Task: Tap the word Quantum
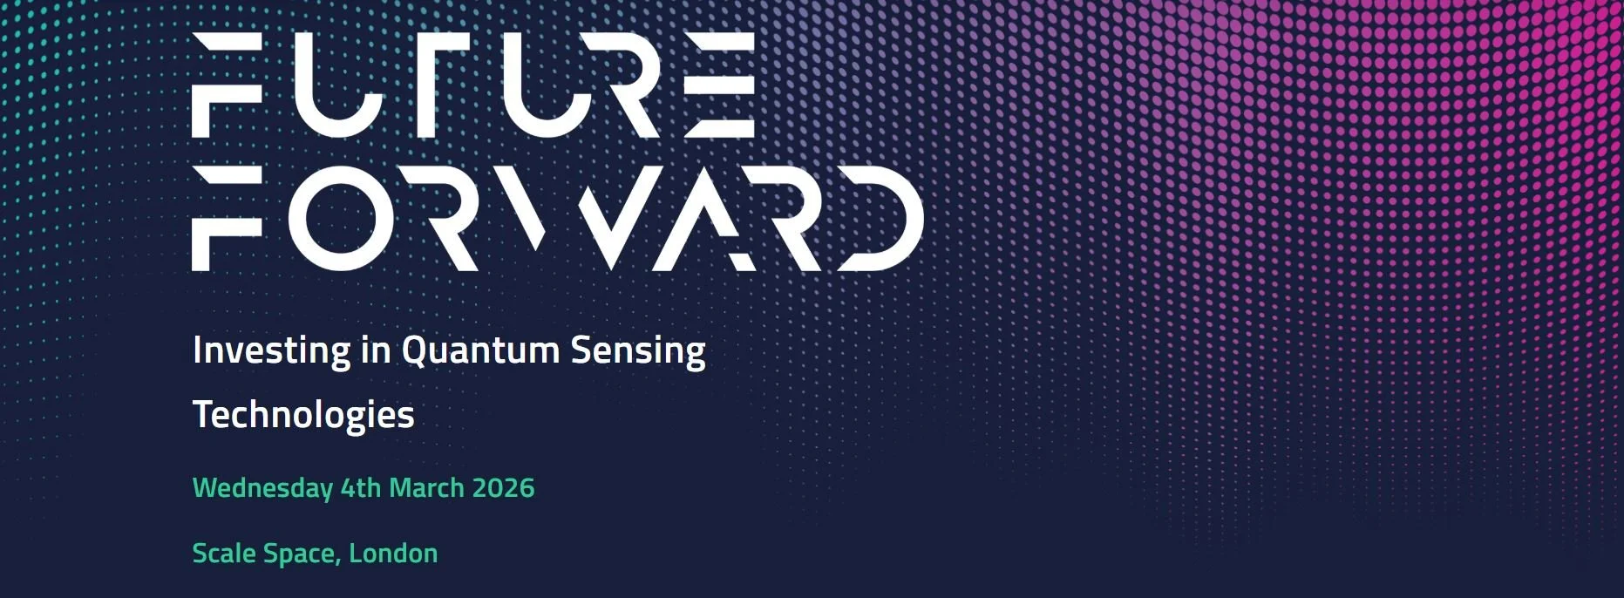pos(479,350)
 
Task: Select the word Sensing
pos(637,350)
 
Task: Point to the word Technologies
pos(303,415)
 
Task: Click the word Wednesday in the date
pos(262,487)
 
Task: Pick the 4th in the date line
pos(360,487)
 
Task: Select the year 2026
pos(503,487)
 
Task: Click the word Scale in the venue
pos(224,554)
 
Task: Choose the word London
pos(393,554)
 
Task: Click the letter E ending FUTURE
pos(718,85)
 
